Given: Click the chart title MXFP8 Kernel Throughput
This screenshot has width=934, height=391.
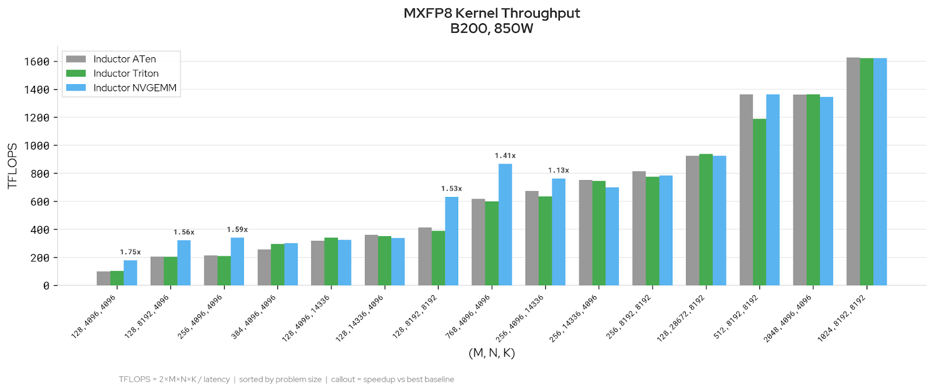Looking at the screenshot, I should point(492,13).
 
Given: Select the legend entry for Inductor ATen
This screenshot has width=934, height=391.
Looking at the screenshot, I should point(124,59).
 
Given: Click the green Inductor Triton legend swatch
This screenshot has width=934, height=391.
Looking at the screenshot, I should point(76,74).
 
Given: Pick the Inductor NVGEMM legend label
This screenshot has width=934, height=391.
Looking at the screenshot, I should point(135,88).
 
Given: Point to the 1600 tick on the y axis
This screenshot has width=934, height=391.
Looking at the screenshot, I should point(36,62).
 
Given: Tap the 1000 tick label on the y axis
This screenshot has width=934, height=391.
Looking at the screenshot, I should point(36,146).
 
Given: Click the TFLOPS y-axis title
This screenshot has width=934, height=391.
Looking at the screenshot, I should point(12,166).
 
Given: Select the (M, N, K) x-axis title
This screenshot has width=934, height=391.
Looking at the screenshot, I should point(492,353).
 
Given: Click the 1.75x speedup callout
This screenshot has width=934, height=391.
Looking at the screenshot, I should point(130,252).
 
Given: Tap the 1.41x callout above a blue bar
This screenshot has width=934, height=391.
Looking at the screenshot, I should point(505,155).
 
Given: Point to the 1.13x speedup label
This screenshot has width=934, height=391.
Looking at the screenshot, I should point(558,170).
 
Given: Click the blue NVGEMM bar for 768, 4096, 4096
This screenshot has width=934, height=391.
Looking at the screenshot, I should point(505,225).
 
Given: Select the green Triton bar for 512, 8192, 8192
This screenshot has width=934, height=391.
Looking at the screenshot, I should point(759,202).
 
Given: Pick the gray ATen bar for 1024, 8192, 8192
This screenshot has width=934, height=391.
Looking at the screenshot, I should point(853,172).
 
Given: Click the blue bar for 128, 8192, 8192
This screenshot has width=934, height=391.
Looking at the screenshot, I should point(451,241).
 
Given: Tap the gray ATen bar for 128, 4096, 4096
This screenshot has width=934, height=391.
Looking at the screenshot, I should point(103,278).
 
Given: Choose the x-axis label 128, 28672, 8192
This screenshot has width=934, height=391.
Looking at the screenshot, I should point(681,319).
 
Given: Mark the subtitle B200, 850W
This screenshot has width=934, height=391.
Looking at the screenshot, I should point(492,29).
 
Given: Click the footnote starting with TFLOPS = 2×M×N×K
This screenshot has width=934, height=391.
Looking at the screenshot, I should point(286,379).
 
